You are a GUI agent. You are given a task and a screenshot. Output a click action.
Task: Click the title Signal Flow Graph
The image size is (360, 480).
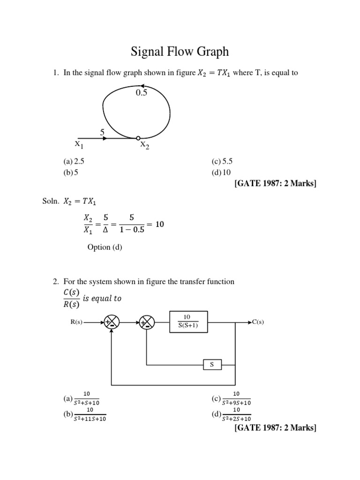click(180, 51)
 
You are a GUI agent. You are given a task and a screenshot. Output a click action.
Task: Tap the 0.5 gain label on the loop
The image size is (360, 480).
click(141, 93)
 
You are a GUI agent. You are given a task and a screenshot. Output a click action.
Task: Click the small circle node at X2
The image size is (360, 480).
click(138, 138)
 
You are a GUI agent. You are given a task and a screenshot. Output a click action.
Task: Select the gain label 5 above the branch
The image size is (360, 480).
click(102, 133)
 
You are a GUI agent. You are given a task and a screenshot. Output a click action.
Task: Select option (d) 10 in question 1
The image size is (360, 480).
click(221, 172)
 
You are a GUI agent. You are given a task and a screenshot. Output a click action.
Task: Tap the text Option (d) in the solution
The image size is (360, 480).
click(105, 247)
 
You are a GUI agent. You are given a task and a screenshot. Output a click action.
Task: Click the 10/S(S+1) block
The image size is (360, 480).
click(187, 322)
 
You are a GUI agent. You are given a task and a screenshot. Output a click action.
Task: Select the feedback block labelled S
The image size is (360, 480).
click(212, 364)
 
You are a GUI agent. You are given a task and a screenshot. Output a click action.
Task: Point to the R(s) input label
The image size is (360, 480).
click(75, 322)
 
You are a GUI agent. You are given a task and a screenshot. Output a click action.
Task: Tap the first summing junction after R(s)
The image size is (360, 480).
click(112, 322)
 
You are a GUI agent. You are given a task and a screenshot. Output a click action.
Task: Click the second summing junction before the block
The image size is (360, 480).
click(147, 322)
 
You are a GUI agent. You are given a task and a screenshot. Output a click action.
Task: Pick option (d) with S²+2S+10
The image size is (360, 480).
click(232, 414)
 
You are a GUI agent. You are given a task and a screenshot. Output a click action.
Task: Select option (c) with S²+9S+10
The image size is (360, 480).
click(232, 398)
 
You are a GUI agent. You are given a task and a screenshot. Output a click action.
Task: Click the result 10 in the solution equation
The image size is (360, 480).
click(159, 225)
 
